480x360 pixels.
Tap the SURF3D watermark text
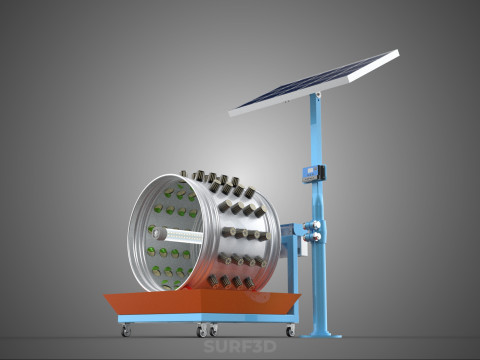240,347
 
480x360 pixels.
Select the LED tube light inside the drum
177,235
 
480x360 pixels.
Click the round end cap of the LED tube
156,234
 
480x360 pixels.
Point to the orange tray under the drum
202,302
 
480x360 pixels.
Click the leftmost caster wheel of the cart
126,330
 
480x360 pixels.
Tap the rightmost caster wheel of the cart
291,330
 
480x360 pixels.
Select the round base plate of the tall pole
321,334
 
